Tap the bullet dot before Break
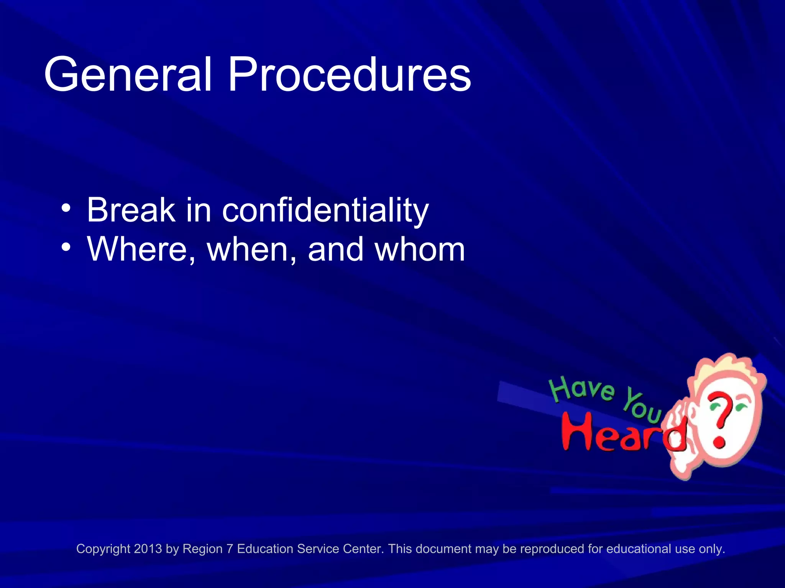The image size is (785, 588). tap(66, 209)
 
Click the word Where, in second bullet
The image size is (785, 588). tap(141, 250)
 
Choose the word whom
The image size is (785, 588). tap(419, 250)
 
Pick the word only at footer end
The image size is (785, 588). tap(712, 549)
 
